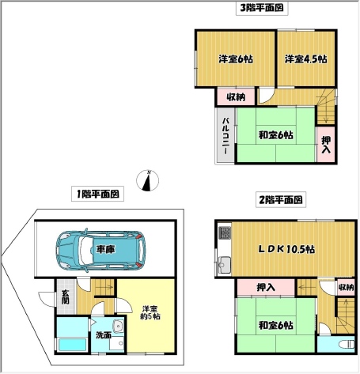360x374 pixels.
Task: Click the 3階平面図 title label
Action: tap(262, 8)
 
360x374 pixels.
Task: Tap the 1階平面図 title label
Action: tap(97, 194)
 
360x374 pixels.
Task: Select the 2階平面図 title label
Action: tap(281, 199)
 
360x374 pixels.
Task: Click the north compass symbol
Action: tap(147, 180)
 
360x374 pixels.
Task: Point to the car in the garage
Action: tap(100, 250)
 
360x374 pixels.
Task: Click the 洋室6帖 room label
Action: tap(236, 59)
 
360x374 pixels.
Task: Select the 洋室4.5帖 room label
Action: tap(306, 59)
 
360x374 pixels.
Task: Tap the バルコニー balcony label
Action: tap(225, 136)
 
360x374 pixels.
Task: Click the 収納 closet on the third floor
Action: tap(236, 96)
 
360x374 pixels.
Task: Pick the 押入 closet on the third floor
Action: tap(326, 145)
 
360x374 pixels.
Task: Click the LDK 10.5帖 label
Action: tap(286, 249)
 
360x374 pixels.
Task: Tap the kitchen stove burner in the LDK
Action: tap(225, 232)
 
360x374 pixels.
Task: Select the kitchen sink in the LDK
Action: tap(224, 264)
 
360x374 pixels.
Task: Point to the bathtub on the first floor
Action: tap(72, 345)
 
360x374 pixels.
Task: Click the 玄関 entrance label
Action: tap(65, 297)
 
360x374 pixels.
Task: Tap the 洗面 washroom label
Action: tap(103, 335)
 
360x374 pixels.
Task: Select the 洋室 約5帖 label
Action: tap(150, 312)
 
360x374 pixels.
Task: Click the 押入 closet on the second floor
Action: tap(266, 288)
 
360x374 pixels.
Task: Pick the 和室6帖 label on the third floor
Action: tap(275, 135)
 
